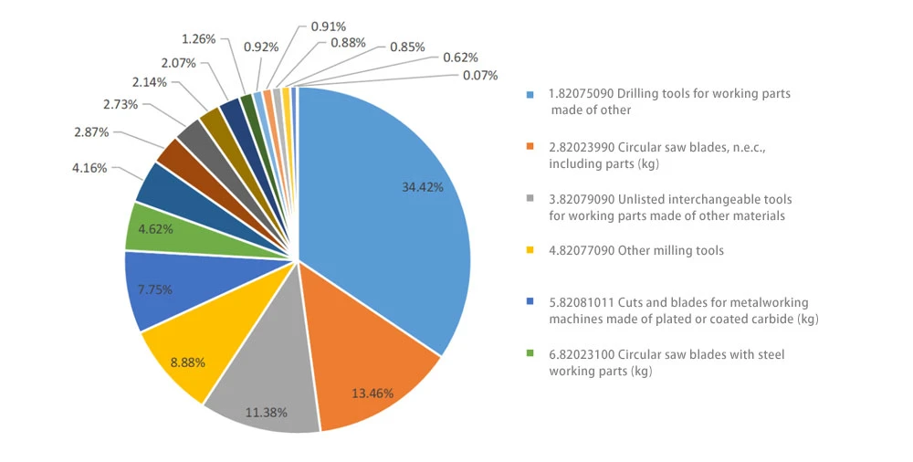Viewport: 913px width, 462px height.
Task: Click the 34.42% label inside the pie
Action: tap(422, 187)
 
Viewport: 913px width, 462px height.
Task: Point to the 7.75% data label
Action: tap(155, 289)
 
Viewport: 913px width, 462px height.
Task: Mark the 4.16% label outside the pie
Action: tap(89, 168)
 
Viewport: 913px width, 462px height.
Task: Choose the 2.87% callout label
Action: tap(91, 132)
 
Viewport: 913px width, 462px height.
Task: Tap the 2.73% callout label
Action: tap(121, 104)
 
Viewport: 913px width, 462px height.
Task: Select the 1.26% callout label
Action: tap(198, 39)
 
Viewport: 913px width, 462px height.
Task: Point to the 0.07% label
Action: tap(480, 75)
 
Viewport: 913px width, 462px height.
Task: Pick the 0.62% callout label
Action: tap(460, 58)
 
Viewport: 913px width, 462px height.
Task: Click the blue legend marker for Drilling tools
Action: tap(530, 94)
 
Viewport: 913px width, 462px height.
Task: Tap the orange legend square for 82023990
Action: tap(530, 147)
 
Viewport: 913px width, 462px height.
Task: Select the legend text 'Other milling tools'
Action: tap(670, 250)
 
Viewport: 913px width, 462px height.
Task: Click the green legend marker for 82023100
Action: tap(530, 353)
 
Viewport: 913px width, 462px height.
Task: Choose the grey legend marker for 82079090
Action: tap(530, 199)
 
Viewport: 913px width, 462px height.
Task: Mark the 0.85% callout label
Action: tap(407, 47)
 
